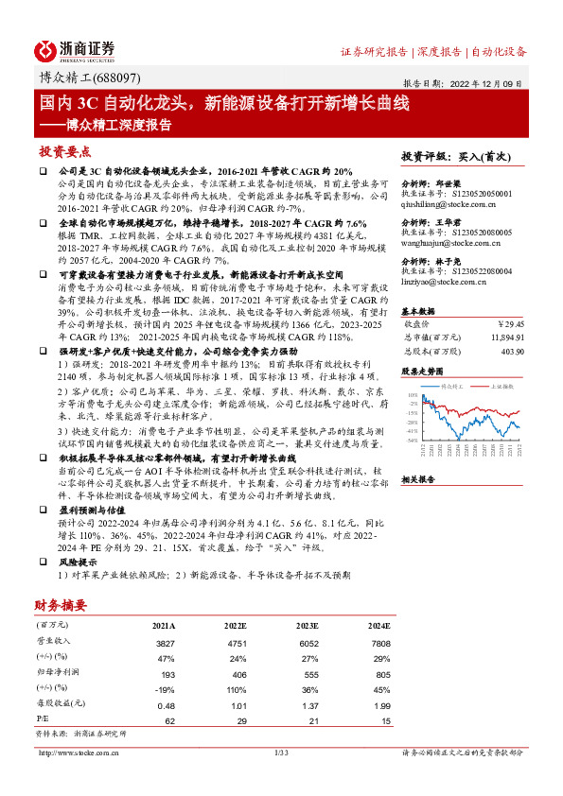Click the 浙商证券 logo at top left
tap(75, 50)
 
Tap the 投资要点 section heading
tap(65, 151)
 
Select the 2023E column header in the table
tap(305, 626)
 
